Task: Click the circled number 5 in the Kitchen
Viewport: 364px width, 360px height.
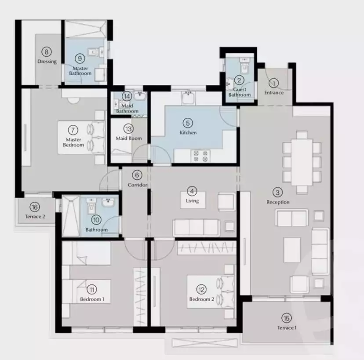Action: (x=188, y=123)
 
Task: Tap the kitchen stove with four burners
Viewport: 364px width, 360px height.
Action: (x=200, y=156)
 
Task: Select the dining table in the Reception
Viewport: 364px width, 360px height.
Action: (x=302, y=162)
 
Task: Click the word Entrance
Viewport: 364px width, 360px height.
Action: (x=274, y=93)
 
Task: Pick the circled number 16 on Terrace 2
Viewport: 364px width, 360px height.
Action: (x=35, y=207)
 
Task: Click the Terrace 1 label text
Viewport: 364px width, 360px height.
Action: (x=287, y=328)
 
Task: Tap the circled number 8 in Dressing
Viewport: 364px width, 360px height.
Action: (x=47, y=52)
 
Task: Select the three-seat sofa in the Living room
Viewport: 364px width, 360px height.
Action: (x=196, y=227)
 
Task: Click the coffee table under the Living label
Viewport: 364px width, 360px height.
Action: (x=193, y=200)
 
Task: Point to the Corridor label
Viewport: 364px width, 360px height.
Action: (x=138, y=185)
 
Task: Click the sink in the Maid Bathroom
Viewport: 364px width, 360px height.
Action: (x=140, y=95)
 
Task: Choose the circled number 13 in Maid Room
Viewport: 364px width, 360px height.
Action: (x=128, y=128)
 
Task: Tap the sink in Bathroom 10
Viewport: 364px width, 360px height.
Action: (x=108, y=202)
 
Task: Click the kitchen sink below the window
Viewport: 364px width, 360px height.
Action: (x=188, y=98)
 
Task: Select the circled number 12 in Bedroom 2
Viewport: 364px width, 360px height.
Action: (x=201, y=289)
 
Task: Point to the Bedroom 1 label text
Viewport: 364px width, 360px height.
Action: (x=92, y=299)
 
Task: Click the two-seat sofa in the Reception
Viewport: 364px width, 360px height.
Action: (x=291, y=218)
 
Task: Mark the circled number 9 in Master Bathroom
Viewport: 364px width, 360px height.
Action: (x=80, y=58)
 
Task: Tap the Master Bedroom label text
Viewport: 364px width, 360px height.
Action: (x=73, y=142)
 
